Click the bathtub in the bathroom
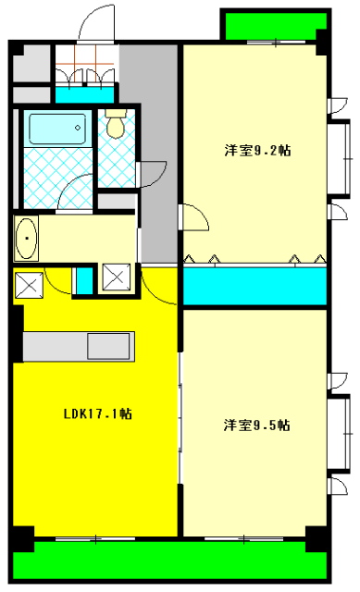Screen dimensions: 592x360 click(56, 128)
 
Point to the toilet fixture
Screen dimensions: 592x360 click(116, 124)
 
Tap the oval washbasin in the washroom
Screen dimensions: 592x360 click(28, 239)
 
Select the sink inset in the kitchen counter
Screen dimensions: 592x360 click(111, 346)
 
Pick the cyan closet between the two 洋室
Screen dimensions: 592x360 click(254, 287)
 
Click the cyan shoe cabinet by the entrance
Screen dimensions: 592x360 click(84, 93)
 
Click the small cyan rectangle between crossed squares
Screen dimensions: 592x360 click(83, 279)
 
